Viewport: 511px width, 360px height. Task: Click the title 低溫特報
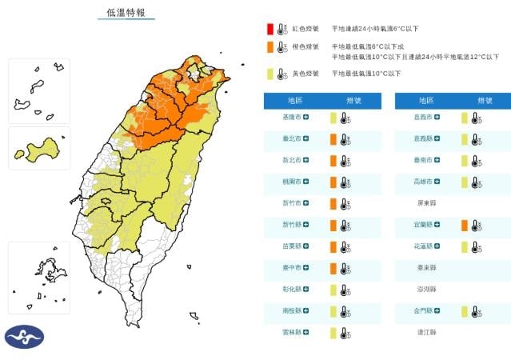pos(126,14)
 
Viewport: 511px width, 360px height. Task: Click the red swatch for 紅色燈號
pos(269,29)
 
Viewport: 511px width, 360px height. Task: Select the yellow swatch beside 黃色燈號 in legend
pos(269,74)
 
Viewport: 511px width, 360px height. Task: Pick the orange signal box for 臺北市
pos(333,139)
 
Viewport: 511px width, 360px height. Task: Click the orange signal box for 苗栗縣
pos(333,246)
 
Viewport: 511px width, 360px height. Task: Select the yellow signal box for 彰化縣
pos(333,290)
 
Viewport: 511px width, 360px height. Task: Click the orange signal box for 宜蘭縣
pos(464,225)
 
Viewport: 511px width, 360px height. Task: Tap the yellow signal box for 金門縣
pos(464,310)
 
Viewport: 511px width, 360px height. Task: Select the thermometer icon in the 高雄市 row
pos(476,182)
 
